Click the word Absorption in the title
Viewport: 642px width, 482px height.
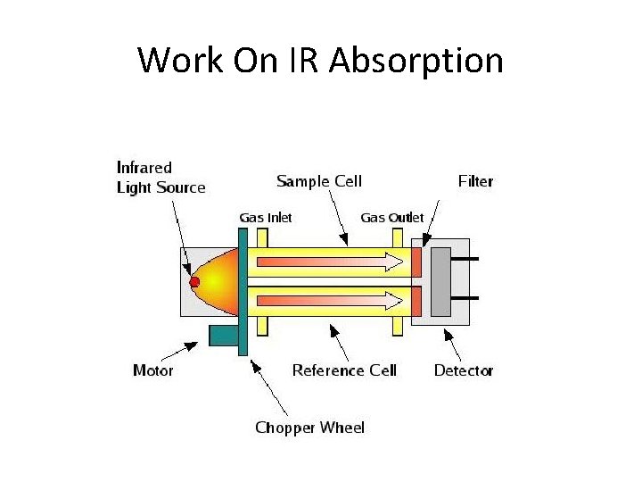(x=416, y=62)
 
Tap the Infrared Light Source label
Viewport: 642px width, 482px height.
(x=160, y=177)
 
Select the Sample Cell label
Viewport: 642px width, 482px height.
(x=319, y=181)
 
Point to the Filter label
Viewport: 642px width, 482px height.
(x=475, y=181)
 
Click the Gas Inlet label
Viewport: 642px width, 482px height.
(x=266, y=217)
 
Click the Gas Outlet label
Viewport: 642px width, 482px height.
(x=392, y=217)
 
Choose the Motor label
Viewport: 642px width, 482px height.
(x=152, y=370)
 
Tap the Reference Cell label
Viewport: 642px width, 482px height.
(x=343, y=370)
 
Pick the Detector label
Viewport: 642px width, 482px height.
(x=463, y=370)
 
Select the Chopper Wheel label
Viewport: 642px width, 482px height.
(x=309, y=428)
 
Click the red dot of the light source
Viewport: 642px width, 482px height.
(x=194, y=282)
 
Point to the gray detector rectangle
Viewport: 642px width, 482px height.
(x=440, y=280)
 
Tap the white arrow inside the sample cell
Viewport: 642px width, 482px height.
(x=330, y=262)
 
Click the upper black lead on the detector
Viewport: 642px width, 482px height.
(x=465, y=260)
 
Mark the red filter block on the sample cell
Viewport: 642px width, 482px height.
(x=416, y=262)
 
